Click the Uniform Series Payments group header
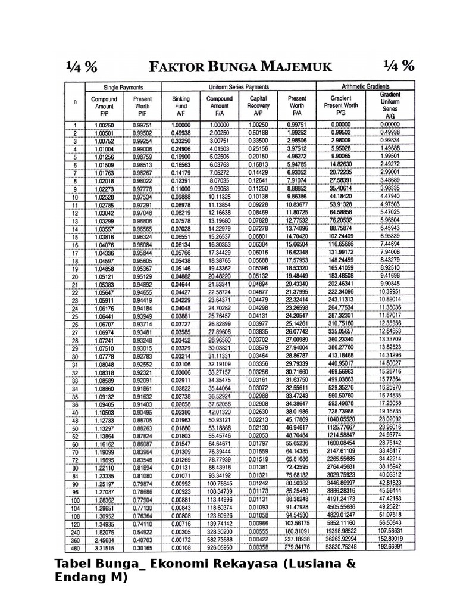coord(239,86)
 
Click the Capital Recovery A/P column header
coord(259,105)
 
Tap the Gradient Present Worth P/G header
coord(341,105)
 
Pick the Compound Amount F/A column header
coord(220,105)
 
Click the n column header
coord(75,102)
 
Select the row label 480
coord(75,546)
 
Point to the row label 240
coord(75,531)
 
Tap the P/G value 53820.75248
coord(341,546)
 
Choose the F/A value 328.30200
coord(220,531)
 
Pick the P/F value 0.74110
coord(142,523)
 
